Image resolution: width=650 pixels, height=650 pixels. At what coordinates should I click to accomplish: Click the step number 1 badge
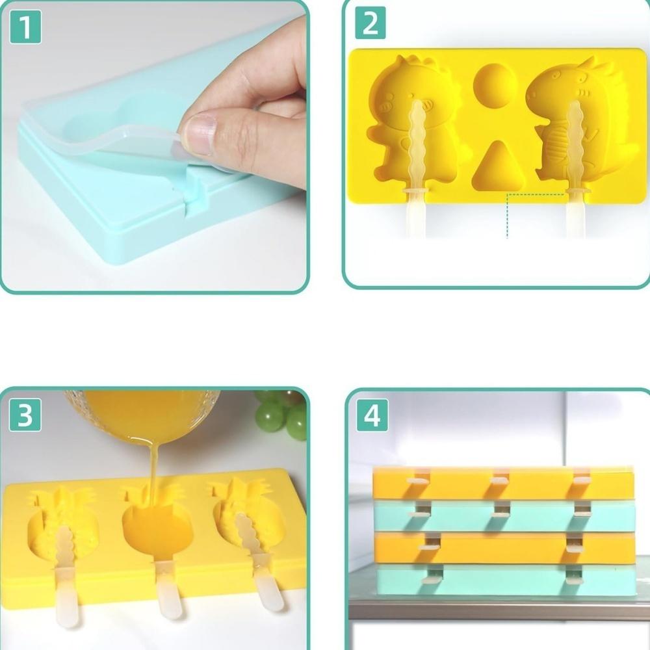click(25, 28)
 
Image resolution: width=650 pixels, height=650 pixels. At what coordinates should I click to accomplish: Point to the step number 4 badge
click(372, 415)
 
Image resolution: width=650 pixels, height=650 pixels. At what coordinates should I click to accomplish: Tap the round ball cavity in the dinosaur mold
click(495, 85)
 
